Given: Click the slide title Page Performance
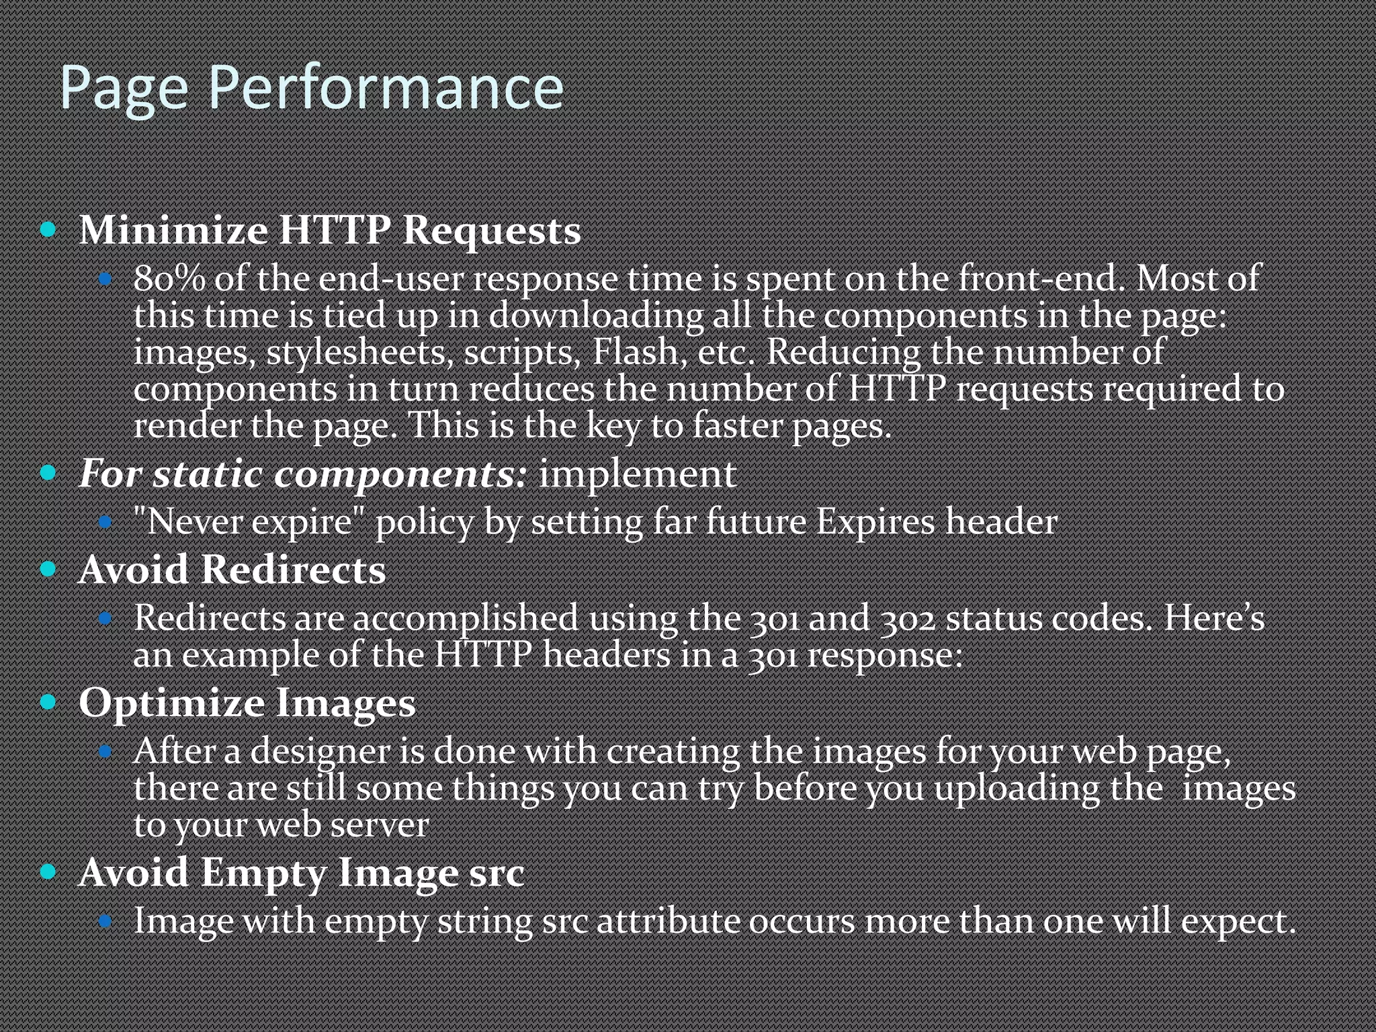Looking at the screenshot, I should [x=311, y=87].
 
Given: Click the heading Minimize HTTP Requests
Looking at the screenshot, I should [x=329, y=230].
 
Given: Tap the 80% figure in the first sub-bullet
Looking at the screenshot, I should [x=169, y=278].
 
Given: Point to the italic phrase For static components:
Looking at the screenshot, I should [x=303, y=474].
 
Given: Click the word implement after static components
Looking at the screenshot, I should [x=637, y=474].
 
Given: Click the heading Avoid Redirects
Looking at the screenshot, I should [x=232, y=570].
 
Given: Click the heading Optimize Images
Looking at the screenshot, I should [x=247, y=703].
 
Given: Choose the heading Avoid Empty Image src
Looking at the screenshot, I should [x=301, y=873].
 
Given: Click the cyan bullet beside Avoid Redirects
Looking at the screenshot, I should [x=48, y=570].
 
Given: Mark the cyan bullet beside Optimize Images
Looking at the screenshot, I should [x=48, y=703].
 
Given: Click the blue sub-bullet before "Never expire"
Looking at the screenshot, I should [x=105, y=522].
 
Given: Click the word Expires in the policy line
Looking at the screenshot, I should [x=875, y=522].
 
